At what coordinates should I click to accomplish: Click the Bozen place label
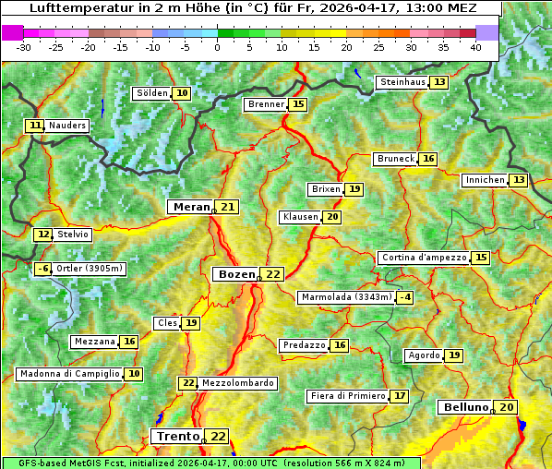(235, 274)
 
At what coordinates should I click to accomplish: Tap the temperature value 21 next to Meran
(227, 207)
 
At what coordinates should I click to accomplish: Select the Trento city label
(177, 436)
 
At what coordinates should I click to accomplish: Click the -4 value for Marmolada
(405, 297)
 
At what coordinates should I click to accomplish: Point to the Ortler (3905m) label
(89, 269)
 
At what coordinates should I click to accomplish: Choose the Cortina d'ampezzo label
(423, 258)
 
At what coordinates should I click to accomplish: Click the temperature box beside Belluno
(508, 407)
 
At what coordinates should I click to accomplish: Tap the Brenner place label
(266, 104)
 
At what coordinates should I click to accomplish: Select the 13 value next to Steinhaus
(439, 82)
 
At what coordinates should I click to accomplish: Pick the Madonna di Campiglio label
(70, 374)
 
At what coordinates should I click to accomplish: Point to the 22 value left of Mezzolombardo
(188, 383)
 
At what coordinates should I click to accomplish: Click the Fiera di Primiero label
(347, 396)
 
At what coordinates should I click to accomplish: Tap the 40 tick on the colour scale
(475, 46)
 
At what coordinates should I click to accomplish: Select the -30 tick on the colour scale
(24, 46)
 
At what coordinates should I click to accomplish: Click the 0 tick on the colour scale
(217, 46)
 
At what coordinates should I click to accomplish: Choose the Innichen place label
(485, 180)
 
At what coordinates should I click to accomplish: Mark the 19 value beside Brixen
(354, 189)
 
